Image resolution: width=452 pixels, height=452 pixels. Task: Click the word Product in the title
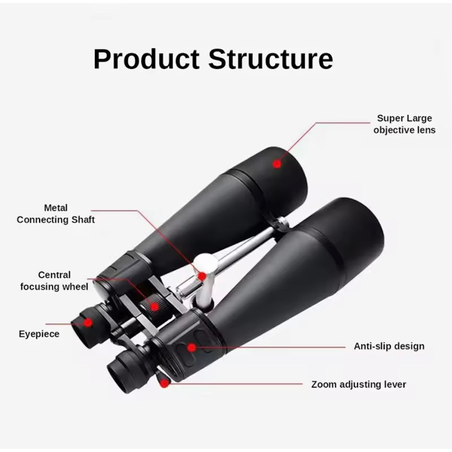[147, 59]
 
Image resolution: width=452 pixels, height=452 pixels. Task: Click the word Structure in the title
[271, 59]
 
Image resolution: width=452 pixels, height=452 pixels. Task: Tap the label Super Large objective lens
[405, 124]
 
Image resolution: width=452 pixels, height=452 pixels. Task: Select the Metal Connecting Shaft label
[56, 213]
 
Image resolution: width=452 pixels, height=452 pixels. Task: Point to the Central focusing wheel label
[54, 281]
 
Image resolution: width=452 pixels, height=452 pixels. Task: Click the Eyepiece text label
[39, 334]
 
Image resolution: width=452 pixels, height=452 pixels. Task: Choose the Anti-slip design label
[389, 346]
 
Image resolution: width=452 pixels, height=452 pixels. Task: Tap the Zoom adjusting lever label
[359, 385]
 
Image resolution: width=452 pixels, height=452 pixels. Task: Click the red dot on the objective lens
[277, 164]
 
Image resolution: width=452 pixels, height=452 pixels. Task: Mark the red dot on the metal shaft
[203, 277]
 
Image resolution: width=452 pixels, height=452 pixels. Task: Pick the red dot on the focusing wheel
[154, 307]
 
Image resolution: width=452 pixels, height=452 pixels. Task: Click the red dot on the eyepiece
[88, 323]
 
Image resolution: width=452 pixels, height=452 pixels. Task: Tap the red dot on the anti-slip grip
[192, 348]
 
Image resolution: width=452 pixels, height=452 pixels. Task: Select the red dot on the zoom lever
[164, 384]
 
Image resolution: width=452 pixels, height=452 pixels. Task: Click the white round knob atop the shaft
[205, 261]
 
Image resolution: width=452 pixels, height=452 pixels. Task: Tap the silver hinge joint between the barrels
[280, 223]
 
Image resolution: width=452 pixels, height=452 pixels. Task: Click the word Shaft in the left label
[83, 220]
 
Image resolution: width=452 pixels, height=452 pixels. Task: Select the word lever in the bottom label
[395, 385]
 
